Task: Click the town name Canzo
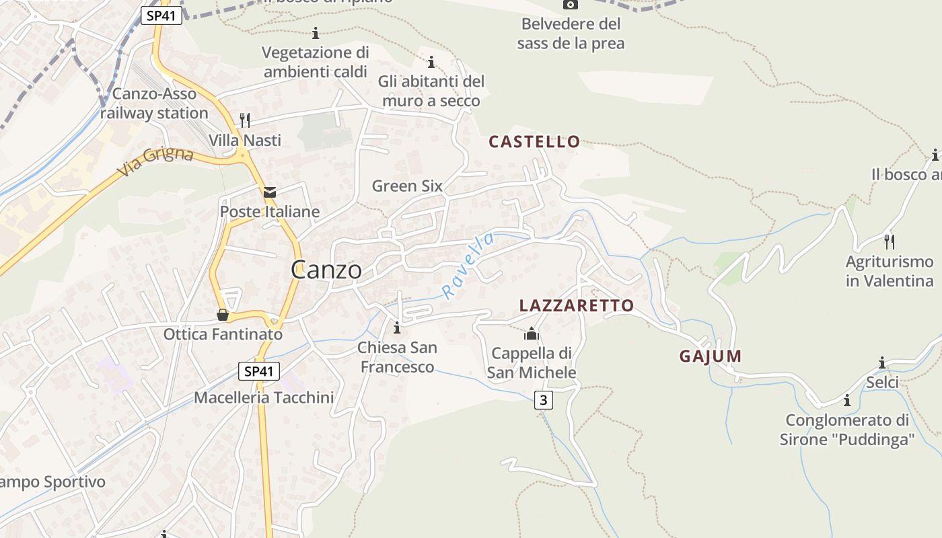click(326, 270)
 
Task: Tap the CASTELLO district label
click(534, 142)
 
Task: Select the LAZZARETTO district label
click(577, 306)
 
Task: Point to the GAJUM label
click(710, 356)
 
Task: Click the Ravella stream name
click(468, 265)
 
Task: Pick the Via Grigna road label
click(155, 163)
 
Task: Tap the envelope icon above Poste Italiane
click(270, 193)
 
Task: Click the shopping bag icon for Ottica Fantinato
click(223, 315)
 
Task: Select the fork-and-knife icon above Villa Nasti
click(245, 120)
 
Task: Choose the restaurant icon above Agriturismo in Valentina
click(890, 241)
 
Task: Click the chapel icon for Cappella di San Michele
click(532, 334)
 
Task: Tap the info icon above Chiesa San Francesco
click(397, 328)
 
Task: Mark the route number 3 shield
click(544, 400)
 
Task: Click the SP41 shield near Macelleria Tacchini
click(258, 371)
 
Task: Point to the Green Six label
click(407, 186)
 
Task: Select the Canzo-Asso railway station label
click(155, 104)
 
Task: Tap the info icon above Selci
click(882, 363)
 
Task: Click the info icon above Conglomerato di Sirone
click(847, 401)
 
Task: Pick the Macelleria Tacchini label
click(264, 397)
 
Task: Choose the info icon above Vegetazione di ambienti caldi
click(316, 33)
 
